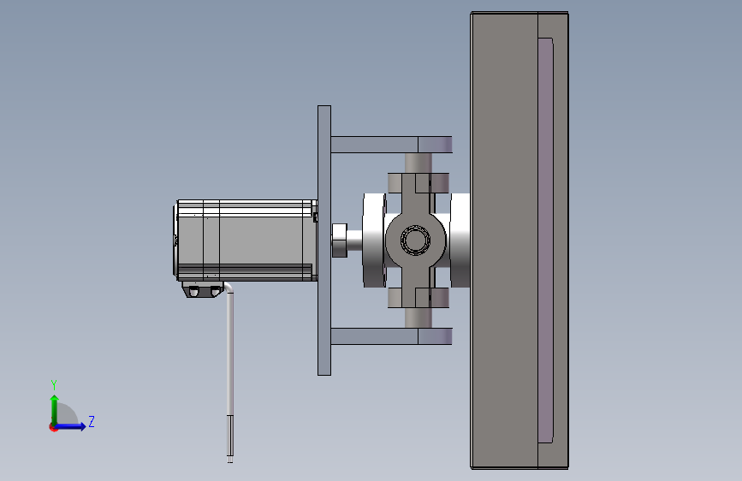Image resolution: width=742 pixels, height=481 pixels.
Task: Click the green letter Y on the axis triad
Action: [54, 385]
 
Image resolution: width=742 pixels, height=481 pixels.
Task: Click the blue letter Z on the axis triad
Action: [92, 421]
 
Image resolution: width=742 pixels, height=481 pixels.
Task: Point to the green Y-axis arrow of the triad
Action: [55, 410]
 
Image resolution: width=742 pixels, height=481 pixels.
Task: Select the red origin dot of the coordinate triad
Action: [53, 427]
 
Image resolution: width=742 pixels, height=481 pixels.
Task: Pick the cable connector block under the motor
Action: [203, 290]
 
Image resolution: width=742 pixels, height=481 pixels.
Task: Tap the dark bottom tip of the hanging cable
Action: [230, 439]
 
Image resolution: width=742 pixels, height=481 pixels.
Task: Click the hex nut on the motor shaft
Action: [339, 240]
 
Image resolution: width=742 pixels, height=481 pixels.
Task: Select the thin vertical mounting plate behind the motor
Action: [324, 240]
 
